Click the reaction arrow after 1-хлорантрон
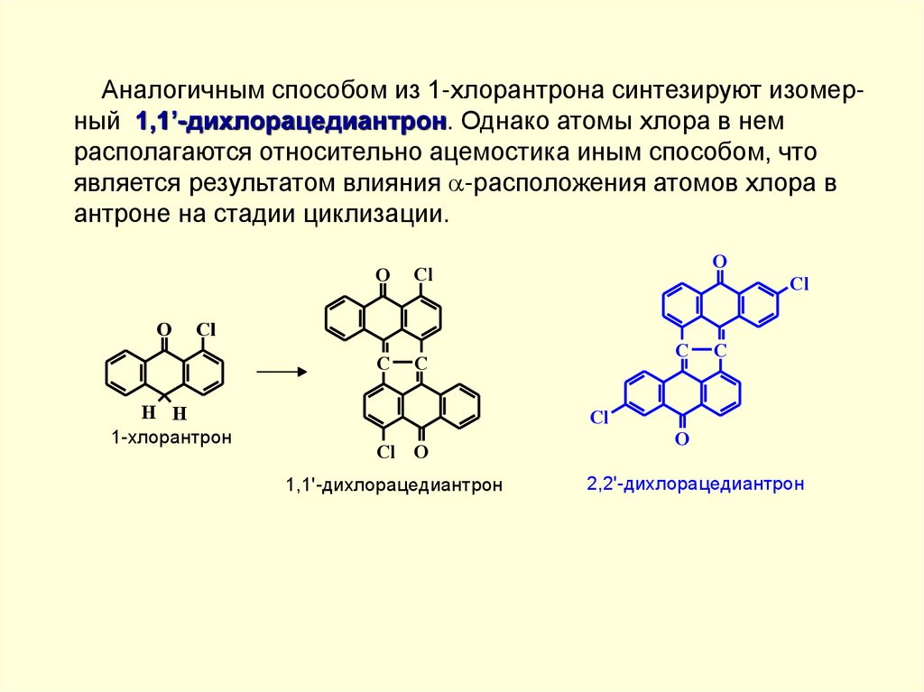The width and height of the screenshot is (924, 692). (282, 371)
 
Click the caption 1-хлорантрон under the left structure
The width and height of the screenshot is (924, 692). (171, 438)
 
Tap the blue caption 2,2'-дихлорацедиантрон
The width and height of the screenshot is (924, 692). (695, 484)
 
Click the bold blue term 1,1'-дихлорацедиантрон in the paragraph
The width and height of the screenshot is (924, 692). (291, 120)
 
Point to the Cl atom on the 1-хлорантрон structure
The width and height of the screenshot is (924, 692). (206, 329)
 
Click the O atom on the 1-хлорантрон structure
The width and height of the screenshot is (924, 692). (163, 329)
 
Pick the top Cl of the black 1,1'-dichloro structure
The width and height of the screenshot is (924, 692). (423, 274)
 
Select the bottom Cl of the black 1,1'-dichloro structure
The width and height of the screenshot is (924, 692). (386, 452)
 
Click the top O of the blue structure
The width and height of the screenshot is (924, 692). (719, 262)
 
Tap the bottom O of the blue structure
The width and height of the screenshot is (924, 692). (682, 439)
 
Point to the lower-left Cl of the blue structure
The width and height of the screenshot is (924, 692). (601, 417)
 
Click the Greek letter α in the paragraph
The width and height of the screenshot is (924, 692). (455, 184)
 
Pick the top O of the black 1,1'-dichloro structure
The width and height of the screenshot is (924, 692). (383, 274)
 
